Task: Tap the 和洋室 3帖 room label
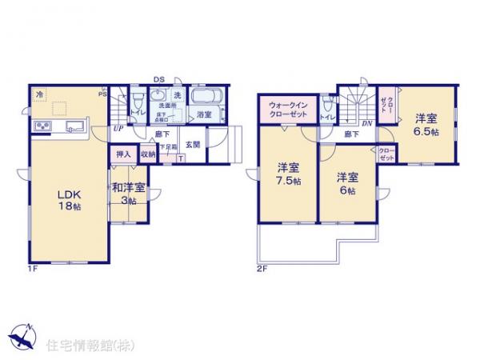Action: tap(128, 193)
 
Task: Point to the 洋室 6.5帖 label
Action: tap(426, 125)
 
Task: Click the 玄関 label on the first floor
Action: tap(193, 144)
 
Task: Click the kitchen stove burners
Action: tap(42, 126)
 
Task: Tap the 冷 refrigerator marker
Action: tap(38, 94)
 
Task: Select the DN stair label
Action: tap(366, 123)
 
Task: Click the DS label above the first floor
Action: tap(158, 79)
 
